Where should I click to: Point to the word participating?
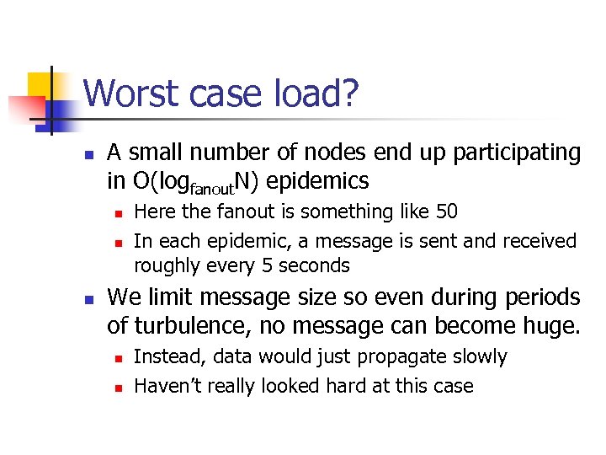coord(517,153)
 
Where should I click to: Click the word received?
coord(540,241)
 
